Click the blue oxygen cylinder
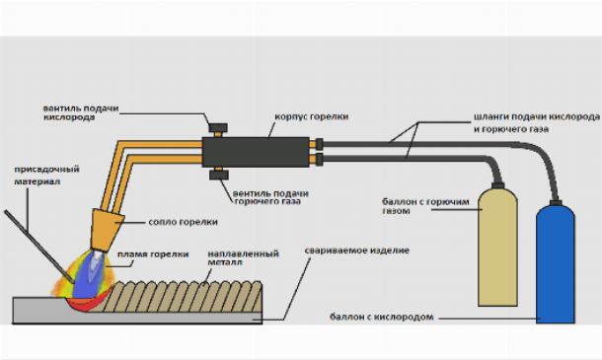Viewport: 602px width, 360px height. [556, 264]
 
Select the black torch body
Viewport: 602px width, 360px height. [256, 152]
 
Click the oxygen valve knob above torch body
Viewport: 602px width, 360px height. [218, 127]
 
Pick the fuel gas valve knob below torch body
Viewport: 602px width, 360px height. [219, 176]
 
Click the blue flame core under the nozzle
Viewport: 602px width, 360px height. [89, 274]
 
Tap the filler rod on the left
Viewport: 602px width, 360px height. [38, 246]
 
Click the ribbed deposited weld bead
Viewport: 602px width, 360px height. [185, 297]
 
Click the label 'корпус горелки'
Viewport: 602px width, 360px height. [312, 116]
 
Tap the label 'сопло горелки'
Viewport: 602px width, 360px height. [183, 222]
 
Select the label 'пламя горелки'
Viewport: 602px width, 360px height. [153, 254]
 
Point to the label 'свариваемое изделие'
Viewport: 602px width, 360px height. [356, 251]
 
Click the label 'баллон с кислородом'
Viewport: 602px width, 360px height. [382, 318]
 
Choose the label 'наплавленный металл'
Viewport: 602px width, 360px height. [243, 257]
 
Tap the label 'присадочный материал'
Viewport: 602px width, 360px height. [46, 175]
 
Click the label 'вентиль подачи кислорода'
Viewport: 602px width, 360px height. [81, 112]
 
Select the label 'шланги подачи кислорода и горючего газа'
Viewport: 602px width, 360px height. [537, 123]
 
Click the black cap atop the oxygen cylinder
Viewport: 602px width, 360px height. [556, 202]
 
